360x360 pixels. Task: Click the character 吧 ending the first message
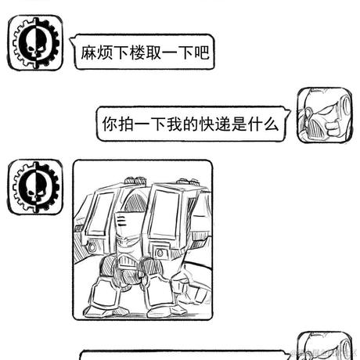202,53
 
